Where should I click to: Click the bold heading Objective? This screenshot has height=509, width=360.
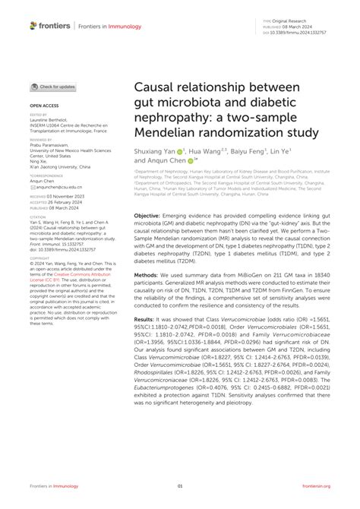(x=153, y=216)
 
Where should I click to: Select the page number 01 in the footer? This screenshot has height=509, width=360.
(x=180, y=486)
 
